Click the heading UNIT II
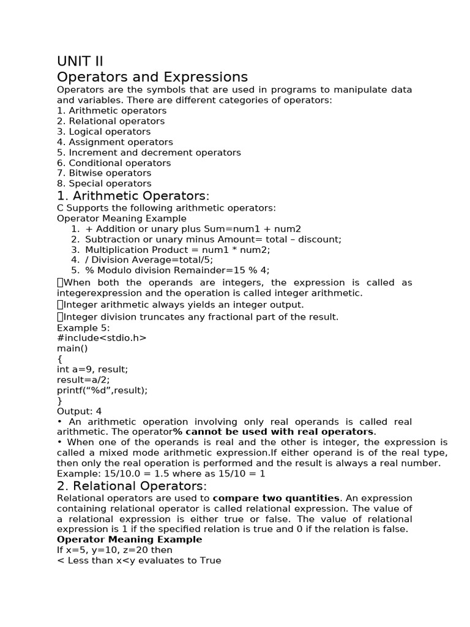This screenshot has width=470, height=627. pos(80,61)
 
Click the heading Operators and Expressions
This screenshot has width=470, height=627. pos(152,77)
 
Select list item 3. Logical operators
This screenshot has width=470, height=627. pos(103,132)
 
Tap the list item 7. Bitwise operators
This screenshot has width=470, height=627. pos(103,173)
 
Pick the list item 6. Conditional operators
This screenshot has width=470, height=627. pos(114,163)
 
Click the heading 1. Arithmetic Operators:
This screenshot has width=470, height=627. pos(133,196)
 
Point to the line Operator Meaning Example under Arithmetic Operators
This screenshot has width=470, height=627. pos(122,218)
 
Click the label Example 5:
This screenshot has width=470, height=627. pos(83,328)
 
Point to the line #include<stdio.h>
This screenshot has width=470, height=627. pos(102,338)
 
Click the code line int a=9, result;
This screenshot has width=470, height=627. pos(92,369)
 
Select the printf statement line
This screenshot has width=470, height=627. pos(102,390)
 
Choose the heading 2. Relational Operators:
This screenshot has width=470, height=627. pos(132,486)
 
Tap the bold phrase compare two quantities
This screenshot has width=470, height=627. pos(275,498)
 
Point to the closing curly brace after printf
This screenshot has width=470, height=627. pos(59,400)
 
